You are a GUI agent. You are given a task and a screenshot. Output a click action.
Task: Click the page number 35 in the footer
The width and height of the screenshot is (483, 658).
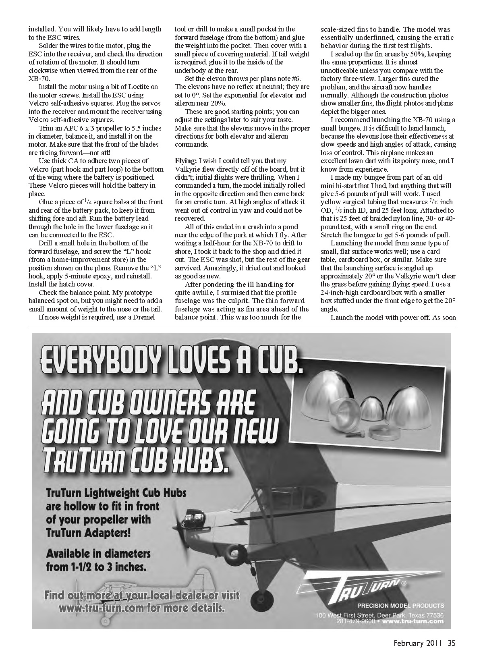tap(451, 643)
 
